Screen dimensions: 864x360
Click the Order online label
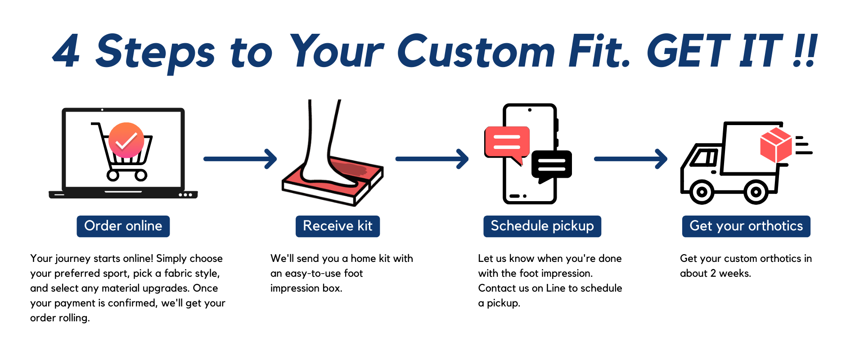point(123,226)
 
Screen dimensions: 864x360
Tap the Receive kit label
point(337,226)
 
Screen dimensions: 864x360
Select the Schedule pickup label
point(542,226)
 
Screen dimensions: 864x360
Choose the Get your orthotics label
point(746,226)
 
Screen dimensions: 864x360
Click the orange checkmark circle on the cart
point(126,140)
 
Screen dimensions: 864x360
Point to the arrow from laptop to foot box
point(240,159)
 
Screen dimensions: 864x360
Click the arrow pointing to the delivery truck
point(631,159)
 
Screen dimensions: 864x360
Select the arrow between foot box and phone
point(432,159)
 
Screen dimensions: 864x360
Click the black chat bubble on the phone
point(552,165)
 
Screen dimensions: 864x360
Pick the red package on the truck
point(776,145)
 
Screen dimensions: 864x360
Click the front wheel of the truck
point(702,192)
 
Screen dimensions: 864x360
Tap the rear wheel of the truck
point(756,192)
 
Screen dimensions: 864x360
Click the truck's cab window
point(704,157)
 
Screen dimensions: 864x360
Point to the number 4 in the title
point(67,51)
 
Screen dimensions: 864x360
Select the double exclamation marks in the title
point(805,50)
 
